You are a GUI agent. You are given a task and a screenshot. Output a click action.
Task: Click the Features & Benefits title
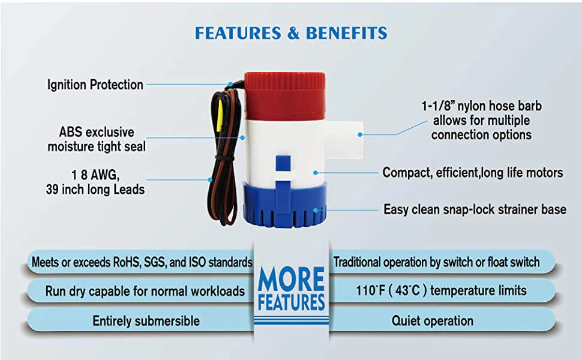(291, 33)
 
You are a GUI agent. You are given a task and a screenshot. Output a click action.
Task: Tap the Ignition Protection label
(95, 85)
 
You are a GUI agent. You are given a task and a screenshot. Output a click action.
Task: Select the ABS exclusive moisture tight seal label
(97, 139)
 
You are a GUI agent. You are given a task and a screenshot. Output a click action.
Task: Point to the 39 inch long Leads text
(95, 189)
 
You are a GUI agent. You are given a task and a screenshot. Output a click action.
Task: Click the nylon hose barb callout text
(481, 120)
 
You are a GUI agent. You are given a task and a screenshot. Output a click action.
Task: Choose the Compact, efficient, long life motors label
(473, 173)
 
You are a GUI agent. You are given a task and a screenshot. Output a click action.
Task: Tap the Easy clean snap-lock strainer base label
(475, 209)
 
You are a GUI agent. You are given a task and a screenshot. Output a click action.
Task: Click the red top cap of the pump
(285, 96)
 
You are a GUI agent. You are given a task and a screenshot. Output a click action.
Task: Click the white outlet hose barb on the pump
(344, 140)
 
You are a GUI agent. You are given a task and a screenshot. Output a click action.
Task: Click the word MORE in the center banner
(292, 279)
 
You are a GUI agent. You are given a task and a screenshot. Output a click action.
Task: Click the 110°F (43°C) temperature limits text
(442, 290)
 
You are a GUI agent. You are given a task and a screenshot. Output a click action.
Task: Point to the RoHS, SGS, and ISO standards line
(142, 262)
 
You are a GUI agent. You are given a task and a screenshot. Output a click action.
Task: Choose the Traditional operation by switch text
(437, 262)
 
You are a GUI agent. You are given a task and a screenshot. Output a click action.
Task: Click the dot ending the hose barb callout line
(361, 134)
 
